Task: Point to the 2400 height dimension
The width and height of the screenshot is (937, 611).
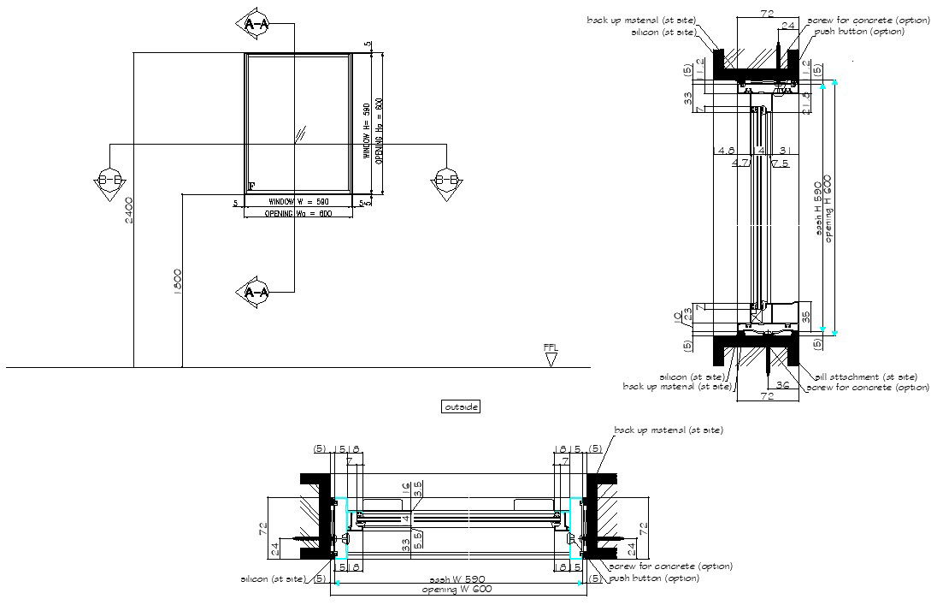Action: point(128,210)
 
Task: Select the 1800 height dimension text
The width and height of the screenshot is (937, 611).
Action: point(178,282)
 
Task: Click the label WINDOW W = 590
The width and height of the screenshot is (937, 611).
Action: point(297,202)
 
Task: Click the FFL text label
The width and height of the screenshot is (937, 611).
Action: point(551,347)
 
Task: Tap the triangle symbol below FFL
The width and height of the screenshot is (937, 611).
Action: point(551,359)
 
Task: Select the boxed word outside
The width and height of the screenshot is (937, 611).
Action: point(461,407)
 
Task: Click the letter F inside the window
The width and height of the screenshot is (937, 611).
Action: point(251,187)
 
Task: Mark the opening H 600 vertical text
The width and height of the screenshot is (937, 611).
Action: point(828,211)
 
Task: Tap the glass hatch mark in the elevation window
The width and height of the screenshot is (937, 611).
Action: point(300,133)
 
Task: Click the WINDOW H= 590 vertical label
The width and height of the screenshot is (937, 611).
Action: point(366,131)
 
